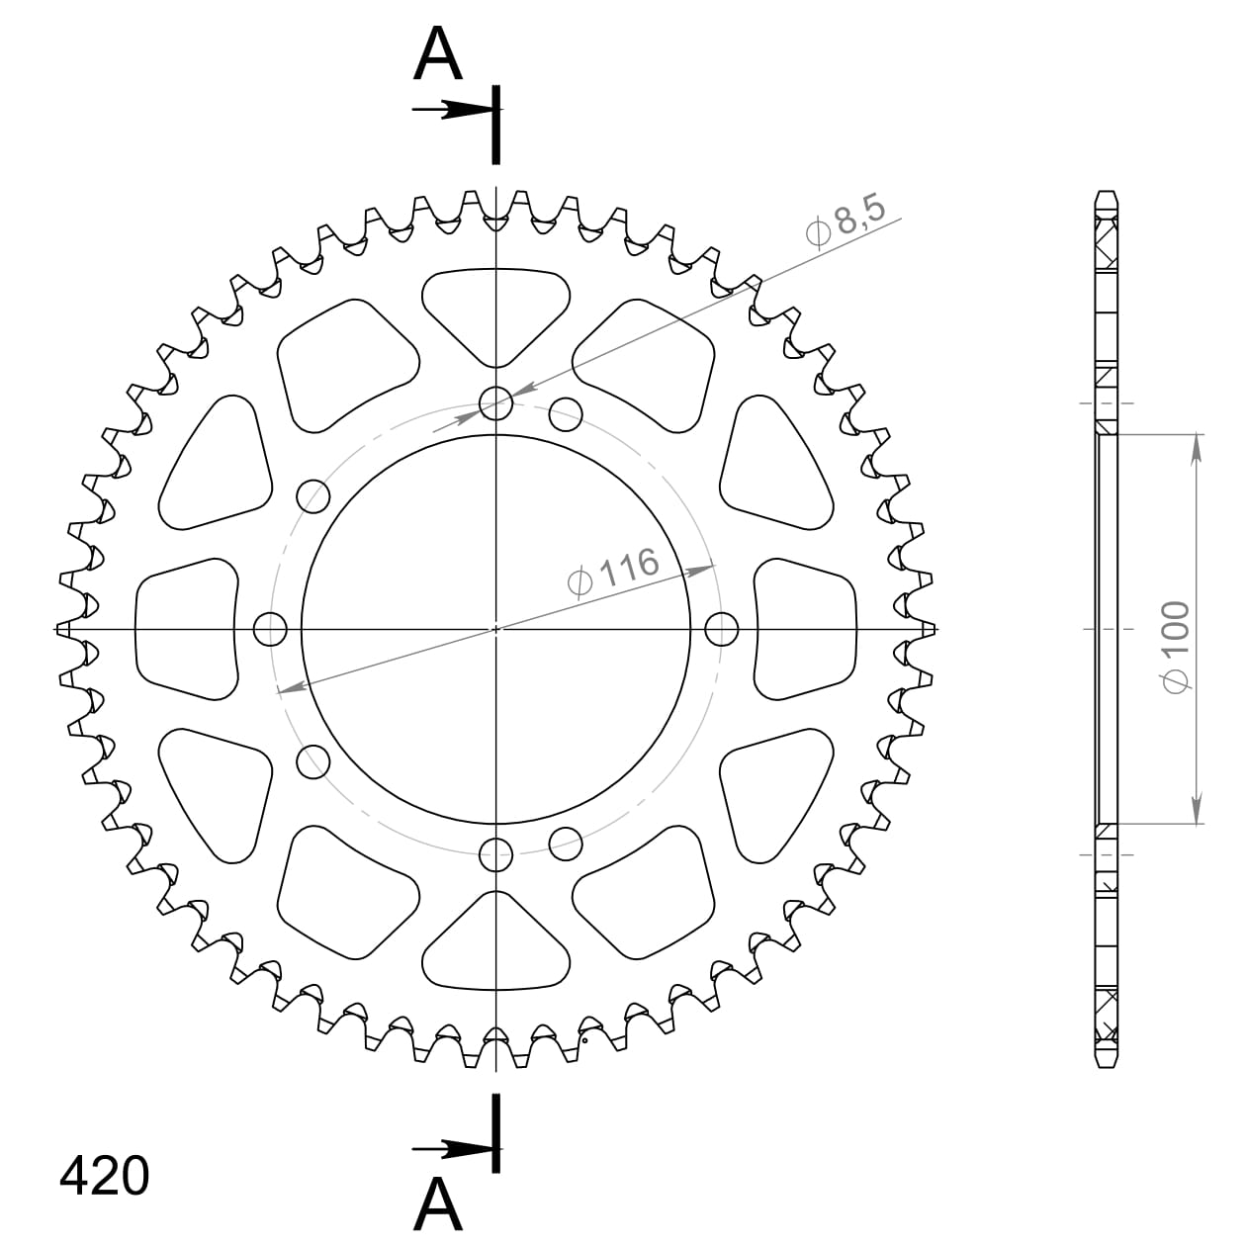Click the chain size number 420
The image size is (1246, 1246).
[105, 1176]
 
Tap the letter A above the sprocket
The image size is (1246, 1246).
[438, 54]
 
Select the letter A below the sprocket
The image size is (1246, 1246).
[438, 1203]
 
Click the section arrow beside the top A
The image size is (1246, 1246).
[453, 110]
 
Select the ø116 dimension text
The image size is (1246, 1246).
[614, 572]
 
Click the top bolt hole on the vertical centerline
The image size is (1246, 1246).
[495, 402]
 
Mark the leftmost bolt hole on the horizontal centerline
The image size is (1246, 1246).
[270, 628]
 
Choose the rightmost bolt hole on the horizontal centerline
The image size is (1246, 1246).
[722, 628]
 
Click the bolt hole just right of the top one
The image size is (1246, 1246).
[565, 413]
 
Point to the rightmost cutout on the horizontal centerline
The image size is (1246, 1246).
[806, 628]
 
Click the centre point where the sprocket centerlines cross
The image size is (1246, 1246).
[495, 628]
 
